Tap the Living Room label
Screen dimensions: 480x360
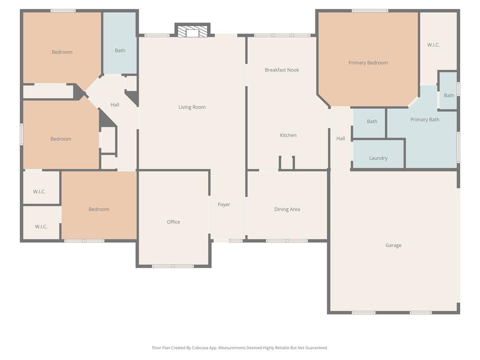click(192, 107)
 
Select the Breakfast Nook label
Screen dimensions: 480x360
click(282, 70)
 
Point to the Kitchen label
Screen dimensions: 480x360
click(288, 135)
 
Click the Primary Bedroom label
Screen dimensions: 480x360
click(368, 63)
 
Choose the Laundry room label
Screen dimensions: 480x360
click(378, 158)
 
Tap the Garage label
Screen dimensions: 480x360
click(393, 245)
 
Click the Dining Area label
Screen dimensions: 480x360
click(287, 210)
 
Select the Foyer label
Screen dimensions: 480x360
click(224, 204)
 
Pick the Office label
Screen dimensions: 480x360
click(173, 222)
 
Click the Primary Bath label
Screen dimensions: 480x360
click(425, 120)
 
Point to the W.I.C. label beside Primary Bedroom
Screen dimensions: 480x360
click(434, 45)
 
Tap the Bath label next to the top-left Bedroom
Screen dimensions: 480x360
click(120, 51)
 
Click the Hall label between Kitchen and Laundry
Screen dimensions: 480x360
click(340, 138)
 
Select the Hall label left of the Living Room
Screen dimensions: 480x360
click(115, 105)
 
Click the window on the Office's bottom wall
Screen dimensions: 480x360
click(173, 266)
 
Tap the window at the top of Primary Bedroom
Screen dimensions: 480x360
click(370, 11)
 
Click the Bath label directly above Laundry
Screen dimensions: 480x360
click(372, 121)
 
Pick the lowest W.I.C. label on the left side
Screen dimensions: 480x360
click(41, 226)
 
